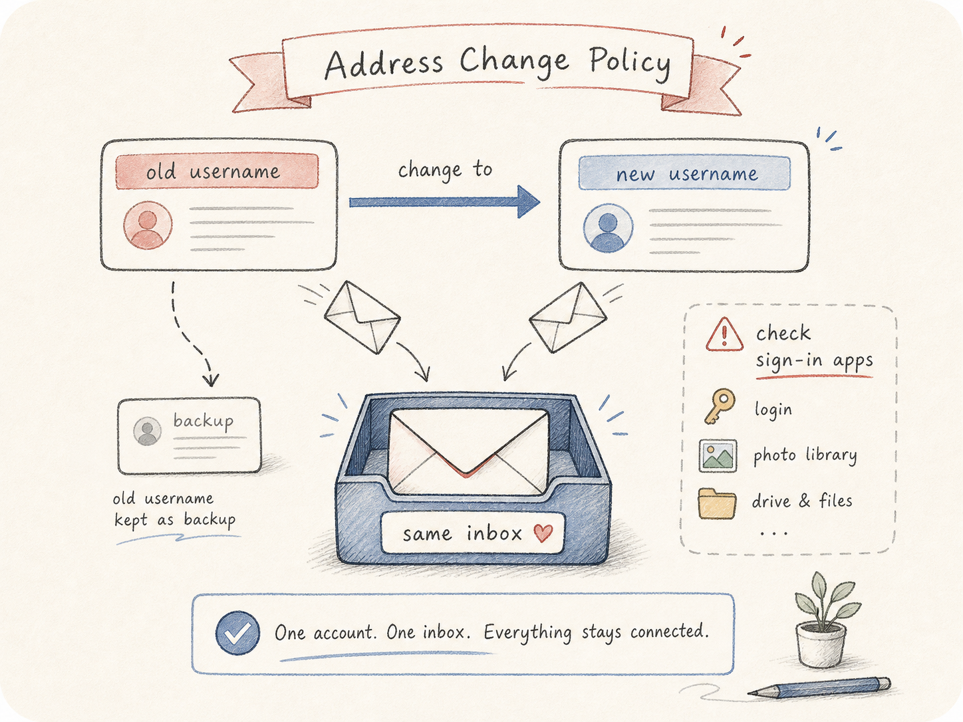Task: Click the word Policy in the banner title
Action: coord(630,64)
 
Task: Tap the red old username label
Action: coord(217,172)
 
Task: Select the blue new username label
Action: coord(684,173)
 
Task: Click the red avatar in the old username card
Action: coord(148,225)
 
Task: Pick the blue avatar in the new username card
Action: coord(608,228)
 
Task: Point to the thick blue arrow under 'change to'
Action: coord(444,201)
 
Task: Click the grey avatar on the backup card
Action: coord(148,431)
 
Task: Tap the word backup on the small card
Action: coord(203,421)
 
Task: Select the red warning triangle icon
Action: coord(724,335)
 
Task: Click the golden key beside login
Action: coord(720,406)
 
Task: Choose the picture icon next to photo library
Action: coord(718,455)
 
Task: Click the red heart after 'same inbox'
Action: coord(543,533)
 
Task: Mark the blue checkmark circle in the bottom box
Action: coord(237,633)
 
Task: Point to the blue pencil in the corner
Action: coord(819,687)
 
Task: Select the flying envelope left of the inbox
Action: coord(362,317)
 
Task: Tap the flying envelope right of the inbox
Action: coord(568,317)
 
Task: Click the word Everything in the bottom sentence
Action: coord(528,633)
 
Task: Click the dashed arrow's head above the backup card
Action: coord(211,380)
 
